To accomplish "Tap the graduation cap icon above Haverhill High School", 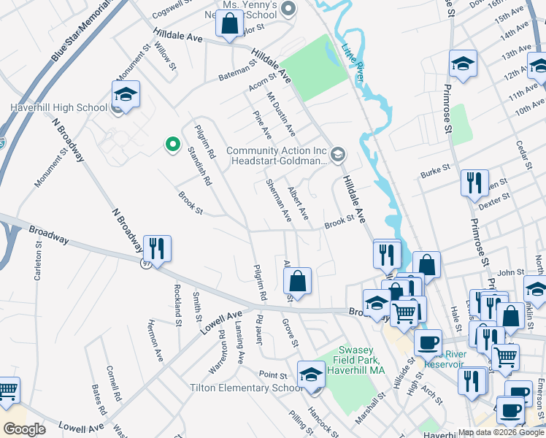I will tap(126, 95).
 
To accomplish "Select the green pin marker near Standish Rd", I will tap(172, 145).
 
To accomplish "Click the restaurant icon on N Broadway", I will tap(157, 249).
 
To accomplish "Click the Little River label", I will tap(353, 62).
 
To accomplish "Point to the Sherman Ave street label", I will tap(279, 201).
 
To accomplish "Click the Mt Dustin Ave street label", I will tap(281, 114).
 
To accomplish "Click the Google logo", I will tap(25, 429).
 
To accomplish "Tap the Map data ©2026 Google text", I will tap(500, 432).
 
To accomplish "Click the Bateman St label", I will tap(238, 72).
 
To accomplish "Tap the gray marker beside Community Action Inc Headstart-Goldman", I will tap(337, 153).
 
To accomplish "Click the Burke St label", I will tap(436, 174).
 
